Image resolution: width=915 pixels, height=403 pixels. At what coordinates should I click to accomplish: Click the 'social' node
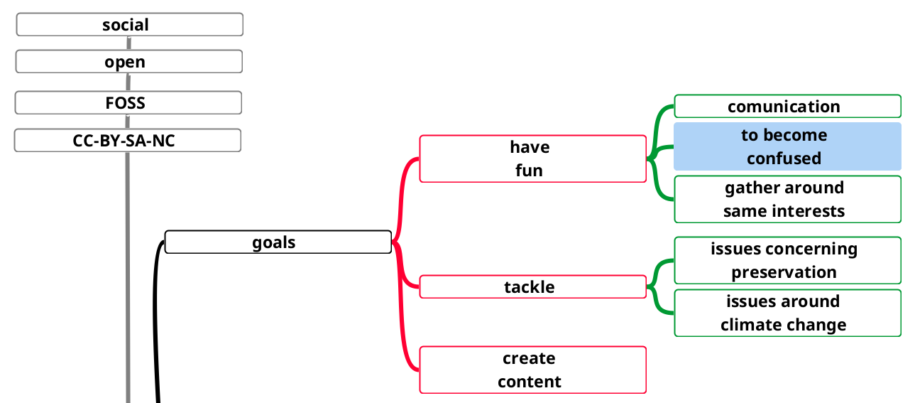[129, 25]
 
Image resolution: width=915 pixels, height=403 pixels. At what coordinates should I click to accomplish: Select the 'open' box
[129, 62]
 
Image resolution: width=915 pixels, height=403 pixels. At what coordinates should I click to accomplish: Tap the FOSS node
[128, 103]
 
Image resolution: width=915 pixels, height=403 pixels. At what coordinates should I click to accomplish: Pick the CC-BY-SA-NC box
[128, 141]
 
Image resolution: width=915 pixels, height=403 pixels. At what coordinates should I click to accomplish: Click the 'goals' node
[278, 242]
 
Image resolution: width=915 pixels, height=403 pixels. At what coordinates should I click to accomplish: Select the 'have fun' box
[532, 158]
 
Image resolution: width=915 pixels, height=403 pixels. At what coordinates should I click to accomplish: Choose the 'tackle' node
[532, 287]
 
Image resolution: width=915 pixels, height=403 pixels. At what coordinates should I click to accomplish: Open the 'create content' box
[532, 370]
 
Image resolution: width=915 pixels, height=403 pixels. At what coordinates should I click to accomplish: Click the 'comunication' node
[787, 107]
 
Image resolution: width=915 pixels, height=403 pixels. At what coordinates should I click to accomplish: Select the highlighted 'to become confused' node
[787, 146]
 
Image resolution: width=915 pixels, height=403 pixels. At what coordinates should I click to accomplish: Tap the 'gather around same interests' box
[787, 199]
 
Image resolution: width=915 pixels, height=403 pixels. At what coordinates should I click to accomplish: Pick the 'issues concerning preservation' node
[787, 260]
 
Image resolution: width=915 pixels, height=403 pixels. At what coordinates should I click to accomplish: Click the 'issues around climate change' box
[787, 313]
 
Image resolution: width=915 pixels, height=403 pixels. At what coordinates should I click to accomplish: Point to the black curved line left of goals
[154, 320]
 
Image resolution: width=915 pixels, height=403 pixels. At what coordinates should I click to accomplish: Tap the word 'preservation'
[784, 272]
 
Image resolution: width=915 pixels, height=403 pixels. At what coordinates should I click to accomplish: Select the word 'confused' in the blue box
[784, 158]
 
